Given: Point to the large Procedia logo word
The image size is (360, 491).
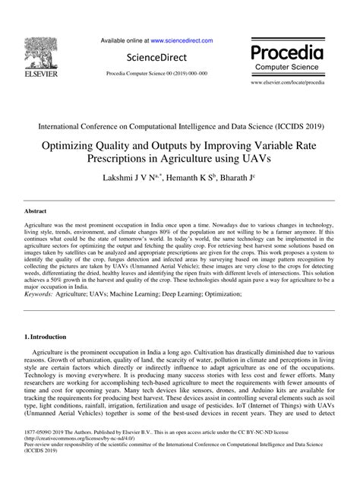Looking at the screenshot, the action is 292,53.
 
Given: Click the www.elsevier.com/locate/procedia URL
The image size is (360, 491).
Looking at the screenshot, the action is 292,81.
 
